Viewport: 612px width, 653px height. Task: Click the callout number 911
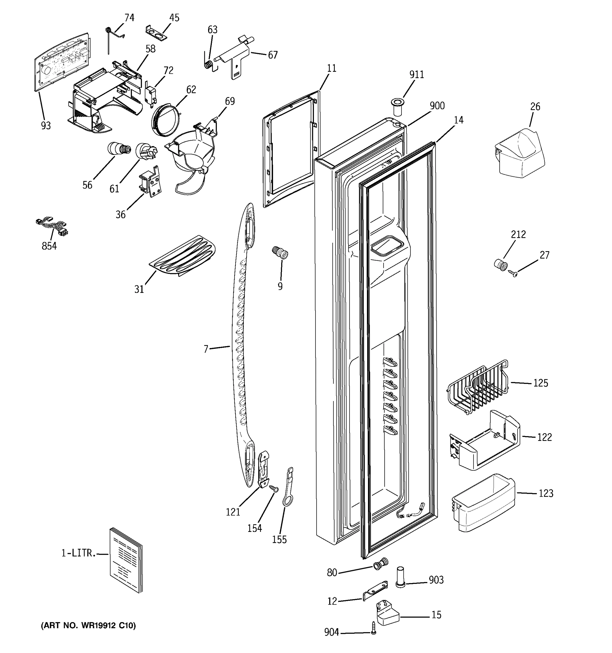(416, 75)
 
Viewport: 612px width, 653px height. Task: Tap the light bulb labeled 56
(118, 149)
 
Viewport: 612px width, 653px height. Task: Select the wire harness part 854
(52, 226)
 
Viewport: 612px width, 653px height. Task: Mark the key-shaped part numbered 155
(288, 489)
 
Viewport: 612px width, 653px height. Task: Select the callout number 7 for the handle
(206, 349)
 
